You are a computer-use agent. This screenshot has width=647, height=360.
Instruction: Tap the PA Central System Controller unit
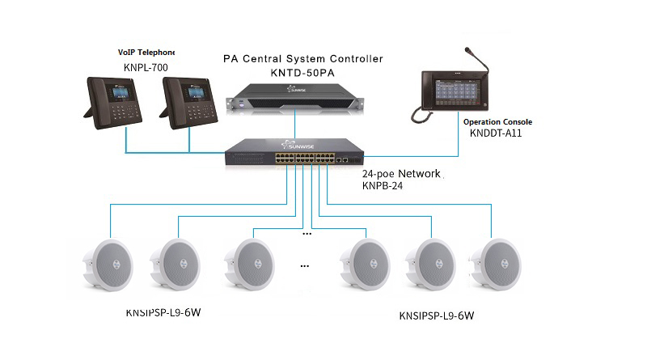pos(295,100)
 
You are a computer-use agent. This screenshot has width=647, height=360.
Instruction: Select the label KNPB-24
pos(384,186)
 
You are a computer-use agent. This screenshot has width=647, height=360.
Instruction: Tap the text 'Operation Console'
pos(497,121)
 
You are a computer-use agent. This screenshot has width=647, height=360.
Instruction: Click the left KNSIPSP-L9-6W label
pos(163,312)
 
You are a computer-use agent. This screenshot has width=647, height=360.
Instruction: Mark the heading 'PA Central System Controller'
pos(302,59)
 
